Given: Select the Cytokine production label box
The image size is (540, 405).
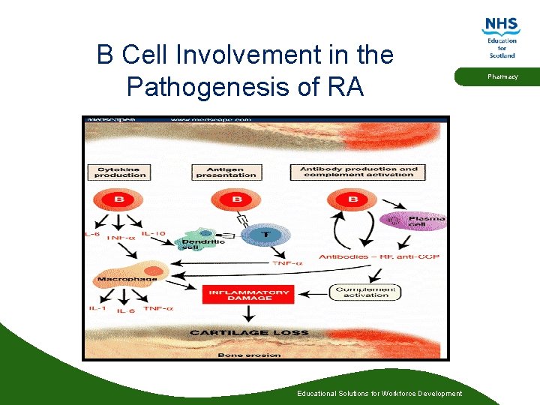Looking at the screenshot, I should click(120, 172).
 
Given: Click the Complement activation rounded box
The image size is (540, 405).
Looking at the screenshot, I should click(364, 292).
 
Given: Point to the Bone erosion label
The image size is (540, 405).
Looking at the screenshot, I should click(248, 354).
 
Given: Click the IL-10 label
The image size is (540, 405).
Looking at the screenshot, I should click(153, 233).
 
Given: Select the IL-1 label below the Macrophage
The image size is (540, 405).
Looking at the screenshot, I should click(97, 308).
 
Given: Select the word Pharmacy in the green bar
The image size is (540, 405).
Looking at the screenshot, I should click(502, 76).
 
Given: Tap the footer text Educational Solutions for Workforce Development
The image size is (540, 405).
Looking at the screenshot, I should click(379, 394).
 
